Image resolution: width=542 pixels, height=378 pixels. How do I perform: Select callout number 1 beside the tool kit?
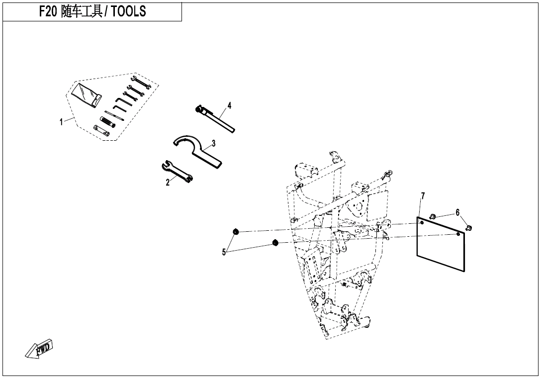(61, 122)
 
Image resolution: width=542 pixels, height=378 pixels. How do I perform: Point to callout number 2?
(168, 182)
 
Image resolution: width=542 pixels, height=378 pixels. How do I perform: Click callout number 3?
(214, 142)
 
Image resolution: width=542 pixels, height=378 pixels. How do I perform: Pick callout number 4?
(229, 105)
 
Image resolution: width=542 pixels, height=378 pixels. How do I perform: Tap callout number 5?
(224, 253)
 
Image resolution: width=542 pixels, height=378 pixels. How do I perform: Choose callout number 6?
(457, 212)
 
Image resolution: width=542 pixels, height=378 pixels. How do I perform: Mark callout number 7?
(422, 195)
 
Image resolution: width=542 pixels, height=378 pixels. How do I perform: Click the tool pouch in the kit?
(87, 94)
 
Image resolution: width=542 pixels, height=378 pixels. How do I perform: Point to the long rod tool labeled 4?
(215, 118)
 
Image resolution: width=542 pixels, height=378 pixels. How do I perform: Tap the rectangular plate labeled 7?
(441, 244)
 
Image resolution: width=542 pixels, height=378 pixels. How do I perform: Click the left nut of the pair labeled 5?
(236, 231)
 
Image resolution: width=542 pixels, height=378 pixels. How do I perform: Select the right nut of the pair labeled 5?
(275, 242)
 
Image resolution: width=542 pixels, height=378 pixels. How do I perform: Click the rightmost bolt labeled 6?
(469, 228)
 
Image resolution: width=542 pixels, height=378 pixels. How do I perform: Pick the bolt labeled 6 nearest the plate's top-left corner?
(433, 216)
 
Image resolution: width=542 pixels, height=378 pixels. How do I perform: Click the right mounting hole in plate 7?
(458, 234)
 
